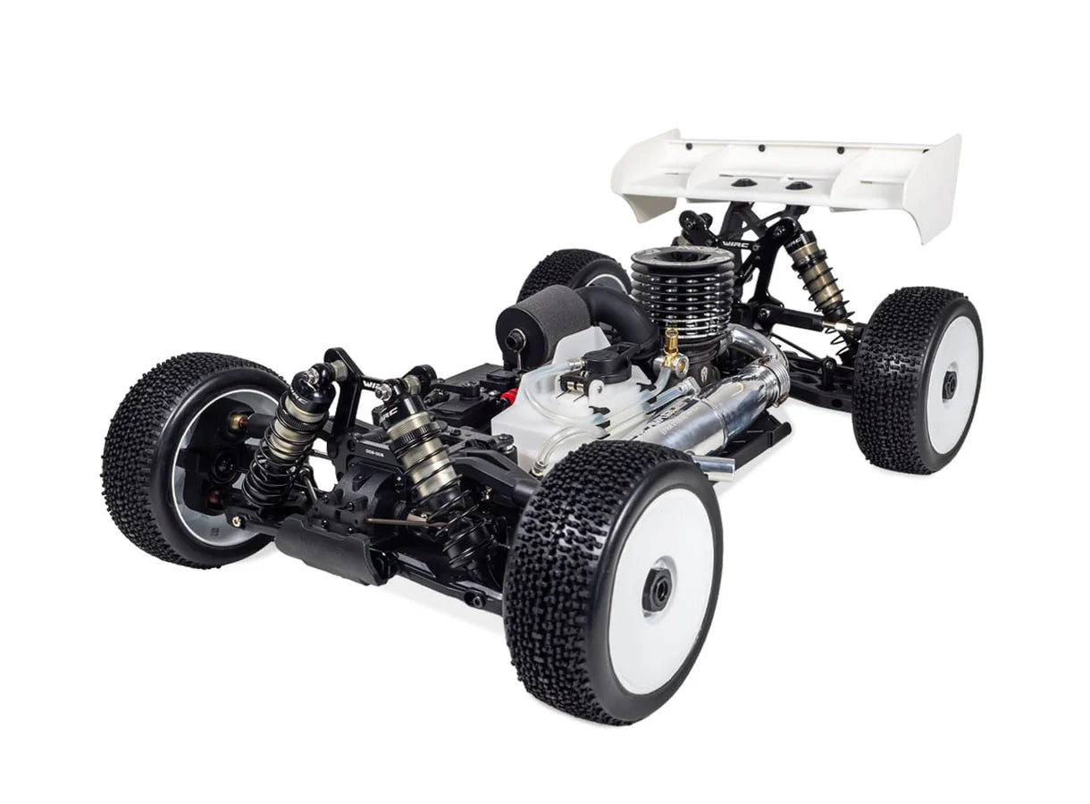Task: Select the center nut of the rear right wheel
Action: (949, 384)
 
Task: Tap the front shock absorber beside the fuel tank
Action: (420, 447)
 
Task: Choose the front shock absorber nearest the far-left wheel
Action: (286, 429)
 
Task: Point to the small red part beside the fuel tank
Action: (508, 397)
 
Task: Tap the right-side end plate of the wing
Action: (938, 188)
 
